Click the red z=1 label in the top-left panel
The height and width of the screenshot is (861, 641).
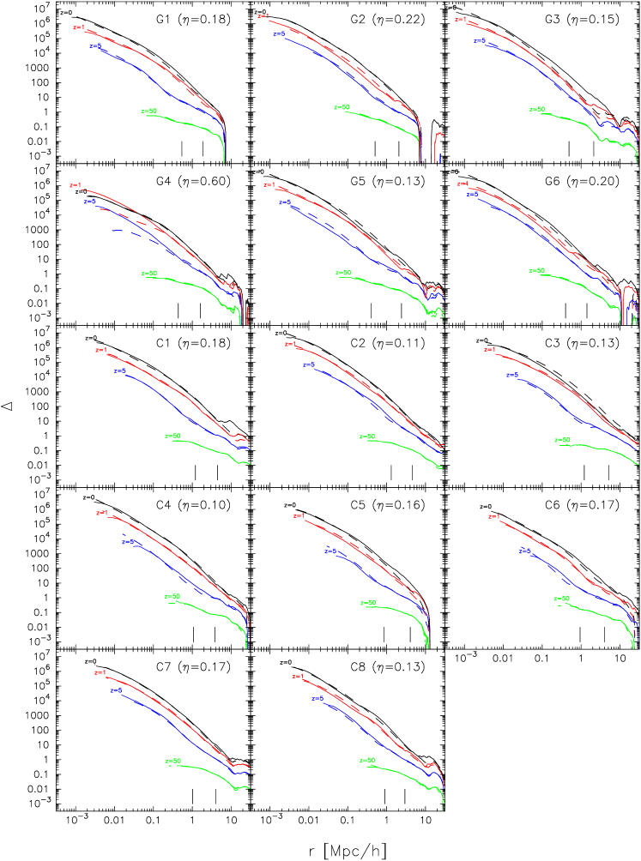click(x=78, y=27)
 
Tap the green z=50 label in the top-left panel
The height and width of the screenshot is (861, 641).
click(x=149, y=111)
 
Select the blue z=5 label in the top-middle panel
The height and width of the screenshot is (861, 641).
click(x=279, y=33)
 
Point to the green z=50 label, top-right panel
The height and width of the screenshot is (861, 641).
click(x=537, y=109)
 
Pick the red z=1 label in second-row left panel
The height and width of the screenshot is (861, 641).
click(x=75, y=185)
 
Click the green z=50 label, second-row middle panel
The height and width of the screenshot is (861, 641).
click(x=343, y=273)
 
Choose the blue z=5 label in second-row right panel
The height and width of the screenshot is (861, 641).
click(x=473, y=194)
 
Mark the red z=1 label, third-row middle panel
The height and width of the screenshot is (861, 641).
click(x=290, y=345)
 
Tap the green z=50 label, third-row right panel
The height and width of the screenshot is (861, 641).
click(x=562, y=440)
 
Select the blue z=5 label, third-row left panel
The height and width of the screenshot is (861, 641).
click(x=121, y=371)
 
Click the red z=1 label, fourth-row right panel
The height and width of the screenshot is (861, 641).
click(x=493, y=516)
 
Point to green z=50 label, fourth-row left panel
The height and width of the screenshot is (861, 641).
click(x=172, y=596)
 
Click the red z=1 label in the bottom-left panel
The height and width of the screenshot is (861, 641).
click(x=100, y=673)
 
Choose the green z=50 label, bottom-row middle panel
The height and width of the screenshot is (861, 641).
click(x=367, y=761)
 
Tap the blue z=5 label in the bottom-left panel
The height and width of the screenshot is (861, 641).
click(x=116, y=690)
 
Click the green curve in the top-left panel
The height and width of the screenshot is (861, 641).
click(x=189, y=123)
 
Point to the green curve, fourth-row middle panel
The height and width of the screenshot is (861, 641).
click(x=395, y=611)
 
